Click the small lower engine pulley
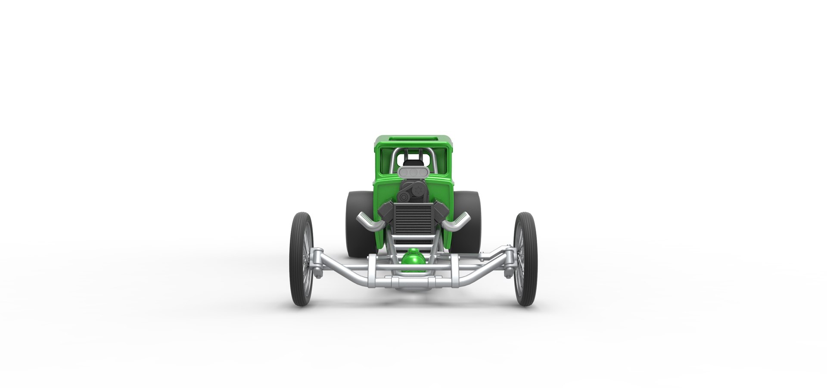(404, 197)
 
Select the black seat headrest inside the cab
(413, 163)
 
